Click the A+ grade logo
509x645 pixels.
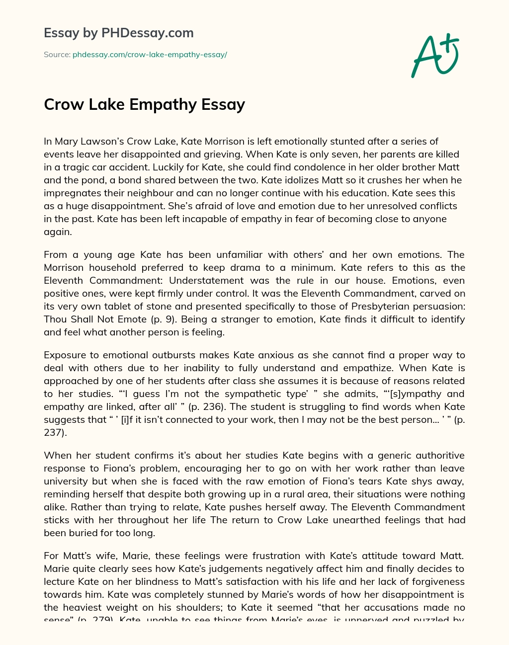pos(434,56)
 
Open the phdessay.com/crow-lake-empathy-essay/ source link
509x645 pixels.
pos(150,55)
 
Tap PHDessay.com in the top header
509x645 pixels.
pos(147,33)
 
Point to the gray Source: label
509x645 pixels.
pos(57,55)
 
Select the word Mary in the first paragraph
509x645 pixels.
pos(67,141)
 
